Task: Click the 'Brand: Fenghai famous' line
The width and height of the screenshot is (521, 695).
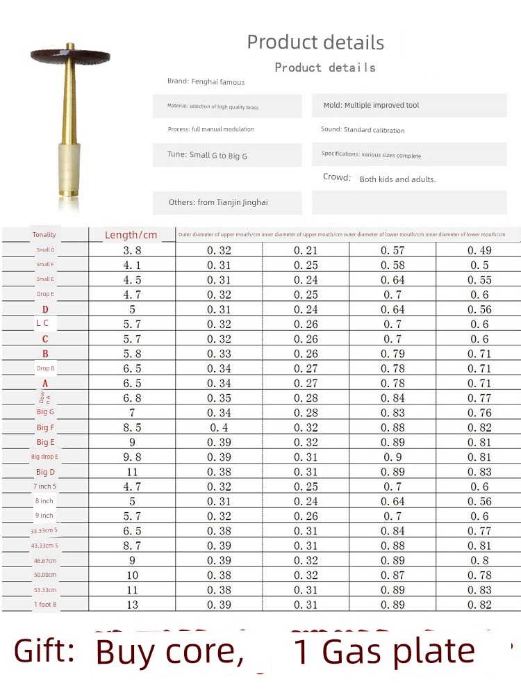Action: pos(206,82)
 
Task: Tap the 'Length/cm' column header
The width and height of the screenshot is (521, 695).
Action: pos(131,235)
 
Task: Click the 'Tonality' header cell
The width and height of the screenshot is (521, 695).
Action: pos(44,235)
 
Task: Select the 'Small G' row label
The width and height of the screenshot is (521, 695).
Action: pos(45,250)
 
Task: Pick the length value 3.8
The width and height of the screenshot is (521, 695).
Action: pos(131,250)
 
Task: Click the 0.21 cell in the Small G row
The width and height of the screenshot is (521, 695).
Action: pos(306,250)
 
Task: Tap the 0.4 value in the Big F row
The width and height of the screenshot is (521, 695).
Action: pos(218,427)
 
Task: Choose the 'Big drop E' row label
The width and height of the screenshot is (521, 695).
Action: pos(45,457)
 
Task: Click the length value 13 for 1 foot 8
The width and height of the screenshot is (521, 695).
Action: pos(132,605)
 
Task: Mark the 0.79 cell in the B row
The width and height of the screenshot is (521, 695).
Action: pos(392,354)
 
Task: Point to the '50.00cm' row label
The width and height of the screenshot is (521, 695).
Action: pos(45,575)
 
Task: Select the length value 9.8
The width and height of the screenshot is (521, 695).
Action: pos(131,457)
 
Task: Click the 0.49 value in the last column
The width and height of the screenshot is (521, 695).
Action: pos(479,250)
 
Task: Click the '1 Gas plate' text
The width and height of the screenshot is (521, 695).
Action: pos(384,652)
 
